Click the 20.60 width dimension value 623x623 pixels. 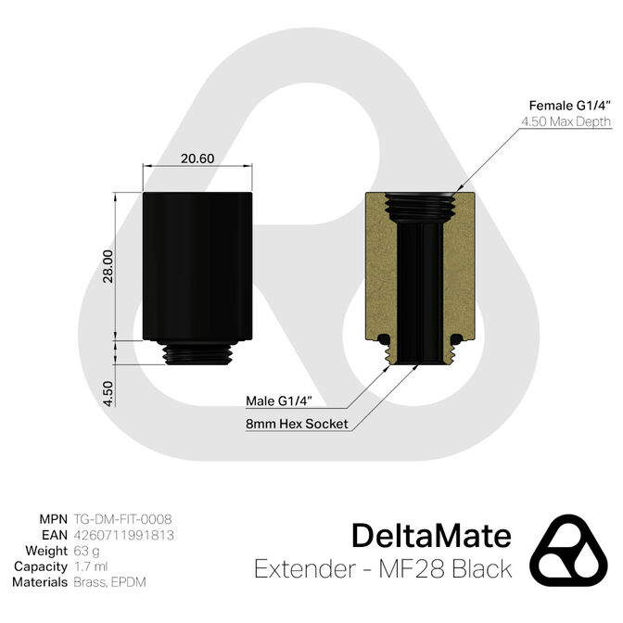click(197, 158)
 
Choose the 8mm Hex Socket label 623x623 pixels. click(285, 425)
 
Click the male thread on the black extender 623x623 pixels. click(197, 355)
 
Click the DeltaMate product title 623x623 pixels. click(431, 536)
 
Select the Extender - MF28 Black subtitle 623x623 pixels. click(382, 568)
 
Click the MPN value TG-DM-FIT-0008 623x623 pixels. click(122, 519)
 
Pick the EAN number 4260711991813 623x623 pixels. click(124, 535)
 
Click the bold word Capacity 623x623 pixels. click(39, 566)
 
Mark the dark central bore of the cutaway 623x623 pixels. click(421, 287)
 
